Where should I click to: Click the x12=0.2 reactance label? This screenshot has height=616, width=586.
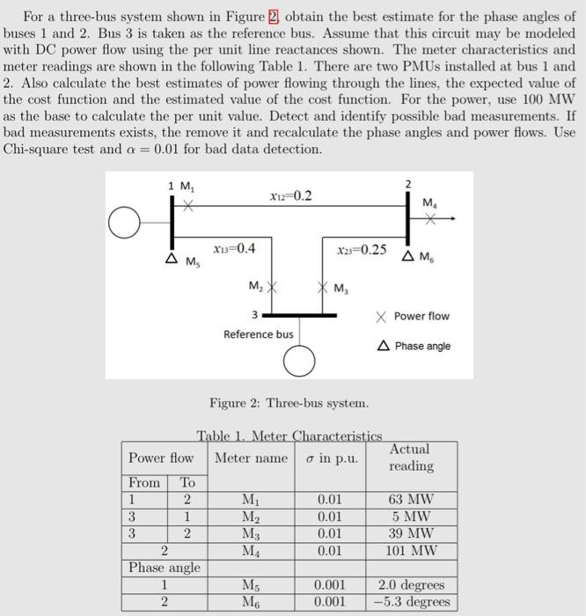pos(290,195)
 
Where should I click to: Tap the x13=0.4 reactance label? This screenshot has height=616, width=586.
pos(235,249)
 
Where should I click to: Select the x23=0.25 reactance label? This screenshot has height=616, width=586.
pos(362,249)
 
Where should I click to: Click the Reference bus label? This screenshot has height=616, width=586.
pos(259,334)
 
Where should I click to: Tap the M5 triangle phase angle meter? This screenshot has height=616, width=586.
pos(172,259)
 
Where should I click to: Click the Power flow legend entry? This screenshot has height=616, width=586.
pos(414,316)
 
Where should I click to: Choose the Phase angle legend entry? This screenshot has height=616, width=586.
pos(415,346)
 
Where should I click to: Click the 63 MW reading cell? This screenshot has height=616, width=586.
pos(411,500)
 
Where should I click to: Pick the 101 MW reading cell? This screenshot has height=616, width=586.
pos(411,552)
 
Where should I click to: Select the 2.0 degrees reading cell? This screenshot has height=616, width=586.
pos(411,585)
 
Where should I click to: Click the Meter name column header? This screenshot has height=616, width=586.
pos(252,458)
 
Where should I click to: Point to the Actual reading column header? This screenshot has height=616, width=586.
pos(411,458)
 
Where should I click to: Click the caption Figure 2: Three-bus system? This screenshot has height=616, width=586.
pos(289,403)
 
